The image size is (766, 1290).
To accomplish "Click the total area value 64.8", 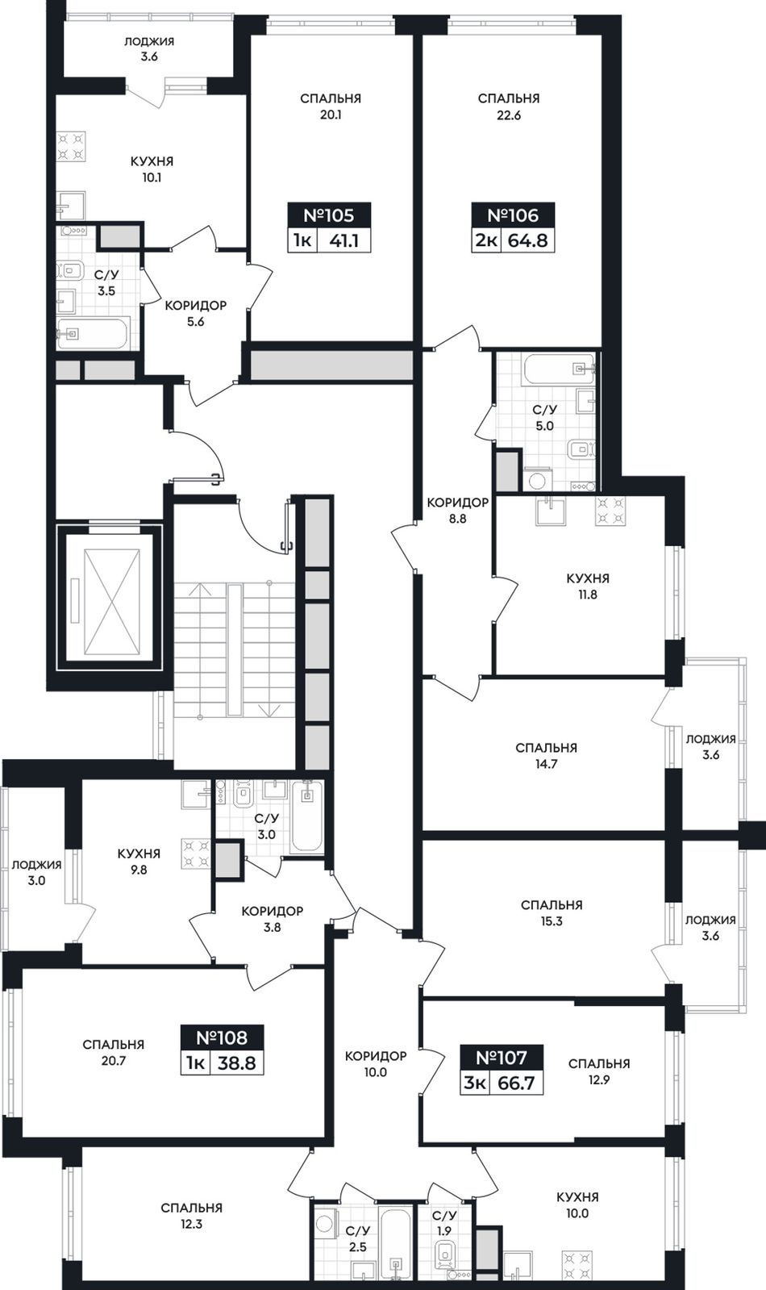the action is point(528,240).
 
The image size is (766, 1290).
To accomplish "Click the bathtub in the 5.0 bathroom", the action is point(558,369).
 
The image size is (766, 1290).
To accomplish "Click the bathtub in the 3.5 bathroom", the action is point(92,333).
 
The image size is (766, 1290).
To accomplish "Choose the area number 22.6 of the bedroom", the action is point(509,115).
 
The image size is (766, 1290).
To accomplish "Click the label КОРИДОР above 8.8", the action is point(458,502).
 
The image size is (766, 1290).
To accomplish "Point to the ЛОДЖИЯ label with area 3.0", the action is point(36,864).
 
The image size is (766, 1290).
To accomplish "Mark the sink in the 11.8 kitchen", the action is point(551,511).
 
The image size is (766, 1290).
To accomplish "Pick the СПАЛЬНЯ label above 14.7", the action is point(546,748).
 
